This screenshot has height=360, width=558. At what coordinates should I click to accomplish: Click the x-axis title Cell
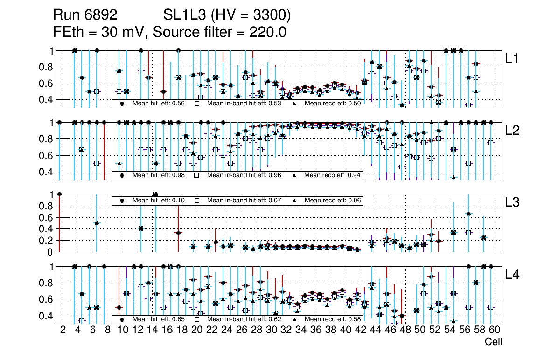(493, 342)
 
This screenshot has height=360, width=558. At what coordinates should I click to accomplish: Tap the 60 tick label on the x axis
(494, 330)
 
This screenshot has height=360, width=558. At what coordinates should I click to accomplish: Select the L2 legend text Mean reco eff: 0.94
(333, 175)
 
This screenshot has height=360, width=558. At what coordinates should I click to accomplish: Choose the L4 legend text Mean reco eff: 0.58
(333, 319)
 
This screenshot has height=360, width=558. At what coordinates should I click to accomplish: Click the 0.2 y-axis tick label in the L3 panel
(45, 241)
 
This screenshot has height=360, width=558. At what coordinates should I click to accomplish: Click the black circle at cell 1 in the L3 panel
(59, 194)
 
